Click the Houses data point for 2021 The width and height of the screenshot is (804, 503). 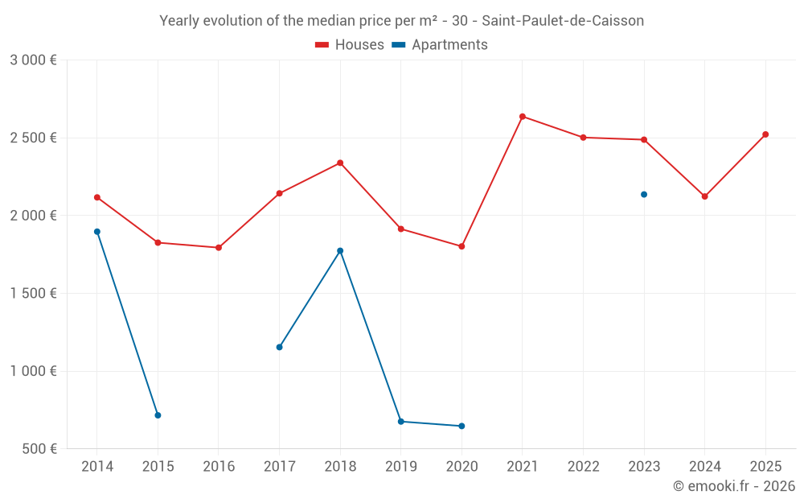coord(523,117)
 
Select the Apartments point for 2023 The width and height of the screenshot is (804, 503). coord(644,195)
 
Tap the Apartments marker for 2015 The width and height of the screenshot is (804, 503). coord(158,415)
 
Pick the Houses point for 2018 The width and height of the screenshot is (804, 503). coord(340,163)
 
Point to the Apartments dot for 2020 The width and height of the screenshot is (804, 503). coord(461,427)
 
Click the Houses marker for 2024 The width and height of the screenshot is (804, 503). coord(704,196)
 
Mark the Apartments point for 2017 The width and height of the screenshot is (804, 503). coord(279,348)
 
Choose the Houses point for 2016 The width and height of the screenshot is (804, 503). coord(219,248)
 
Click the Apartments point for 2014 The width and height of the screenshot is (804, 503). coord(97,232)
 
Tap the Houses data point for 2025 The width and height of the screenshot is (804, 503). coord(765,134)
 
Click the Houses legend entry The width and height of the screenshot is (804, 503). coord(350,45)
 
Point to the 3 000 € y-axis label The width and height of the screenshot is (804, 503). coord(33,60)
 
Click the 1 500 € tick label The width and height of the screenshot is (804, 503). coord(33,294)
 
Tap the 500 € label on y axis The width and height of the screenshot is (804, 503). coord(39,449)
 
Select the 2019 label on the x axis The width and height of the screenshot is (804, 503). coord(400,467)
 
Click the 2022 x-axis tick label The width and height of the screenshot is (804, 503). coord(583,467)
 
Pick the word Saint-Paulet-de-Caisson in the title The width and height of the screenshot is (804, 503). coord(563,21)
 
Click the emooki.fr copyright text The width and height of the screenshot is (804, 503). coord(734,486)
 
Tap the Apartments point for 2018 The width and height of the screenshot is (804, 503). coord(340,251)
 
